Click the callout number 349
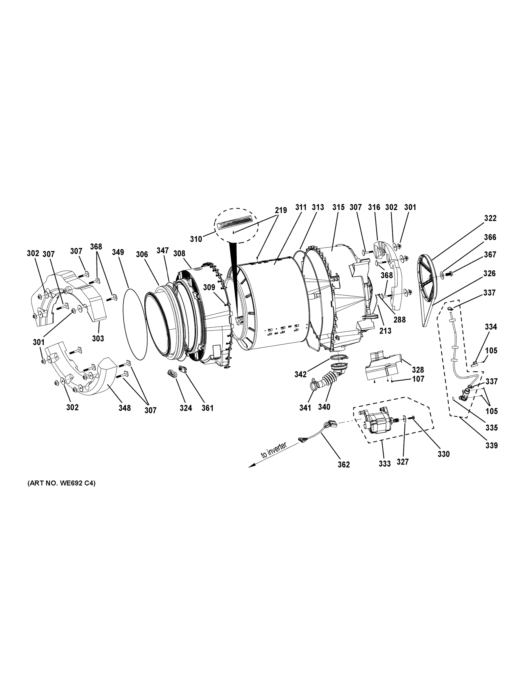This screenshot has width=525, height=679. click(x=118, y=252)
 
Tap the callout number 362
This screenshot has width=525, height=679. click(x=344, y=465)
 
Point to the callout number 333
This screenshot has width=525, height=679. click(x=384, y=463)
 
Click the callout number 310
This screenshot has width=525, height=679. click(x=196, y=239)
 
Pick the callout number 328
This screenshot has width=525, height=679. click(x=418, y=370)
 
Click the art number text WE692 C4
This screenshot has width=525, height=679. click(x=62, y=483)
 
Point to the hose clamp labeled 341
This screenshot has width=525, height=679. click(x=313, y=384)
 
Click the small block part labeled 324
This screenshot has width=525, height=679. click(x=172, y=373)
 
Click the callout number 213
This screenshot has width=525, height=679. click(x=385, y=331)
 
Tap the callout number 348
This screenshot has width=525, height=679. click(x=125, y=408)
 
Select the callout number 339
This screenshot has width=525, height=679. click(x=491, y=446)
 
